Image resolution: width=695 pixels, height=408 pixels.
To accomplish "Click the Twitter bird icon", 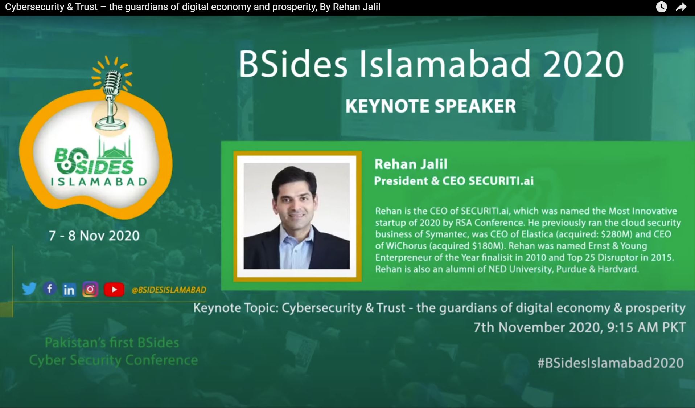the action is (29, 289).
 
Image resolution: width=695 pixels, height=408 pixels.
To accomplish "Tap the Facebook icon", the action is (50, 289).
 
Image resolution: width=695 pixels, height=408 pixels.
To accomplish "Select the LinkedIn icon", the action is (69, 290).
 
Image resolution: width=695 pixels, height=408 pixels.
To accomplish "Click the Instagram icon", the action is (90, 289).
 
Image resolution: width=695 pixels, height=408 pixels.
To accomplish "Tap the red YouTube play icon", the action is (114, 290).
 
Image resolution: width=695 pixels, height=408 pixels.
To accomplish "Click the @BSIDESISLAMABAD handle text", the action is (169, 290).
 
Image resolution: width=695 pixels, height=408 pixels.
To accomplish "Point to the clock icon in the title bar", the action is (662, 7).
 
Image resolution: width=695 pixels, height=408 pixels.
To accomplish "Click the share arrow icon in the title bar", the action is (681, 7).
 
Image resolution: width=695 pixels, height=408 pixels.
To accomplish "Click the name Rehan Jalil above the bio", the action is (411, 164).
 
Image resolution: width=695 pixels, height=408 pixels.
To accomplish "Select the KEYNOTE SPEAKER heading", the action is (431, 106).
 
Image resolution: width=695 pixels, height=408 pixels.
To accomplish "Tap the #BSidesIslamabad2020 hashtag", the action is (610, 363).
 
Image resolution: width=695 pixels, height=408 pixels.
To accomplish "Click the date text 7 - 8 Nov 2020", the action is (94, 236).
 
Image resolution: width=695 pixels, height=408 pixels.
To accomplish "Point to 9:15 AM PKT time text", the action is (646, 327).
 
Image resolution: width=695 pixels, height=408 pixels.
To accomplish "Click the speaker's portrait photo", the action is (297, 216).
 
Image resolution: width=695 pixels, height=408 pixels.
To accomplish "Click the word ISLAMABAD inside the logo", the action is (99, 181).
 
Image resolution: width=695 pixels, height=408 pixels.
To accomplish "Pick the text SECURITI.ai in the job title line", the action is (501, 181).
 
